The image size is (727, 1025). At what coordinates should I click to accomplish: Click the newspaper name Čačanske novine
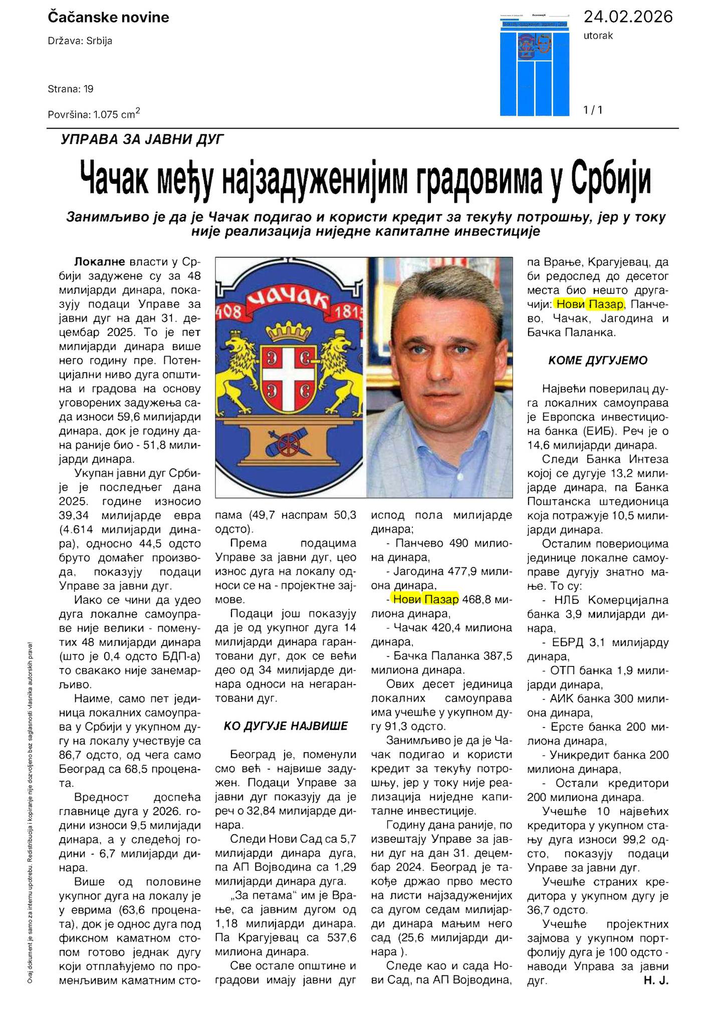108,18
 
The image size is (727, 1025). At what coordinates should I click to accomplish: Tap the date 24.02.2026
628,17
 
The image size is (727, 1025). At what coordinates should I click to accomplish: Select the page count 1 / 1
593,110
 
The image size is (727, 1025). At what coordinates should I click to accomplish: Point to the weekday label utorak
598,36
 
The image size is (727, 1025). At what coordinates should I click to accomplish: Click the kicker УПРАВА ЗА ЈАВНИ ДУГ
142,139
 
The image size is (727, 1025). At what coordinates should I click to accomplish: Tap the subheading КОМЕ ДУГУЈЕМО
598,361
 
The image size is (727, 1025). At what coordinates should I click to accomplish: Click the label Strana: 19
71,89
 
